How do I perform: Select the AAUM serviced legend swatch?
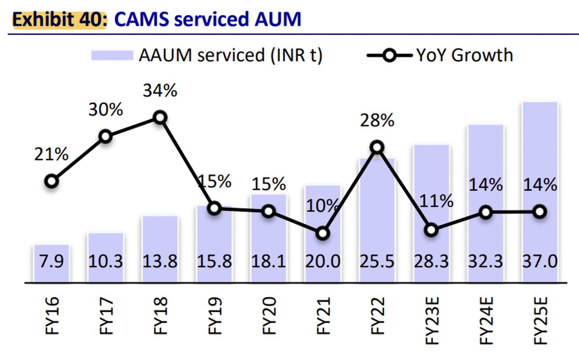pyautogui.click(x=112, y=55)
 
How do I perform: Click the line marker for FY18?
pyautogui.click(x=160, y=117)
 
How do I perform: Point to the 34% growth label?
pyautogui.click(x=160, y=90)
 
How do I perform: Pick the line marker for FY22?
pyautogui.click(x=377, y=148)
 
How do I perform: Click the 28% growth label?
pyautogui.click(x=377, y=121)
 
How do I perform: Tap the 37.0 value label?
pyautogui.click(x=540, y=262)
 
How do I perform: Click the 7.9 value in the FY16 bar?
pyautogui.click(x=51, y=262)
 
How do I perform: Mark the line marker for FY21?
pyautogui.click(x=323, y=233)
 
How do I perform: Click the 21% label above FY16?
pyautogui.click(x=51, y=155)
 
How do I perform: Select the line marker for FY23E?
pyautogui.click(x=432, y=230)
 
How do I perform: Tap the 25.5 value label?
pyautogui.click(x=377, y=262)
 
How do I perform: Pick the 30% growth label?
pyautogui.click(x=105, y=110)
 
